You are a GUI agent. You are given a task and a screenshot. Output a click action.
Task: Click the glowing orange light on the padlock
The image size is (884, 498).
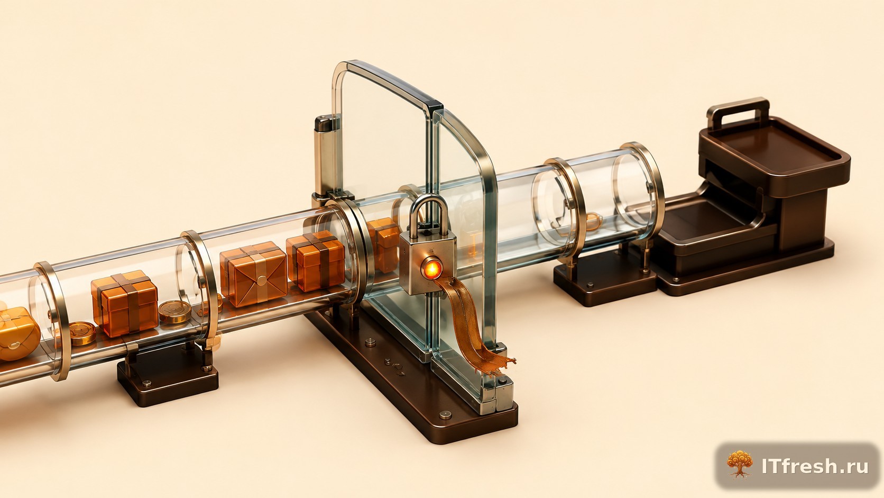pos(431,269)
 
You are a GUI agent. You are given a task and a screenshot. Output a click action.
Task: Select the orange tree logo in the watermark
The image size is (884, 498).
pos(740,464)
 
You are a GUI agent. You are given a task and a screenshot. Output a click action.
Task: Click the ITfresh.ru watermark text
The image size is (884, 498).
pos(815,466)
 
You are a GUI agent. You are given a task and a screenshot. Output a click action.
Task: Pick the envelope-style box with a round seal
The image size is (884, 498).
pos(254,274)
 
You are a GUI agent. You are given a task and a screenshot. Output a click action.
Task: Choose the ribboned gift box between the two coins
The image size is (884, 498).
pos(125,303)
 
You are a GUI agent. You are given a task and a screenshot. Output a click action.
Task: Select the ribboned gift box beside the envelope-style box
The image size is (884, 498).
pos(315,261)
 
